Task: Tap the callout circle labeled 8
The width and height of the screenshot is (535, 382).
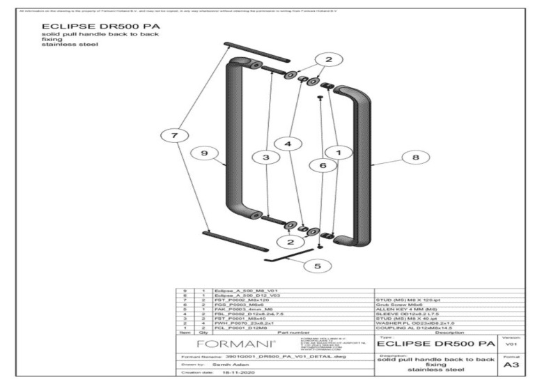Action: point(416,158)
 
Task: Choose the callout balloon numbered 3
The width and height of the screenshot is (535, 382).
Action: point(265,158)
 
